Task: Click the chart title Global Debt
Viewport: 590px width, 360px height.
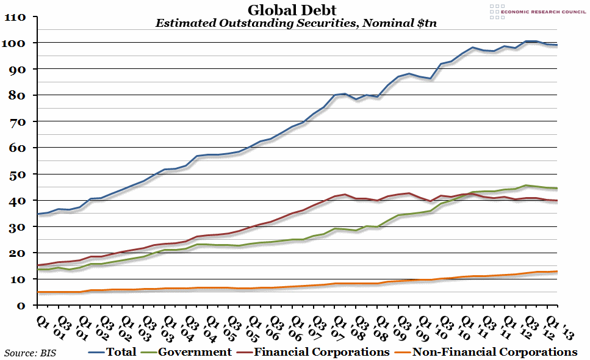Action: (x=292, y=10)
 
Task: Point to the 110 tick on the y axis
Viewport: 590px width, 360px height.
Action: (x=14, y=17)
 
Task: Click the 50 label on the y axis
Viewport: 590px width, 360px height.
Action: (x=16, y=175)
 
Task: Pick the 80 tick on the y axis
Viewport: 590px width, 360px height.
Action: (x=16, y=96)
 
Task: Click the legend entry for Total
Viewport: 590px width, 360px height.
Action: (x=112, y=352)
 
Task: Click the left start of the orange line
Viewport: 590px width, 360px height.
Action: (x=38, y=292)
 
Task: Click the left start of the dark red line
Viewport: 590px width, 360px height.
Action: (x=38, y=265)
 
